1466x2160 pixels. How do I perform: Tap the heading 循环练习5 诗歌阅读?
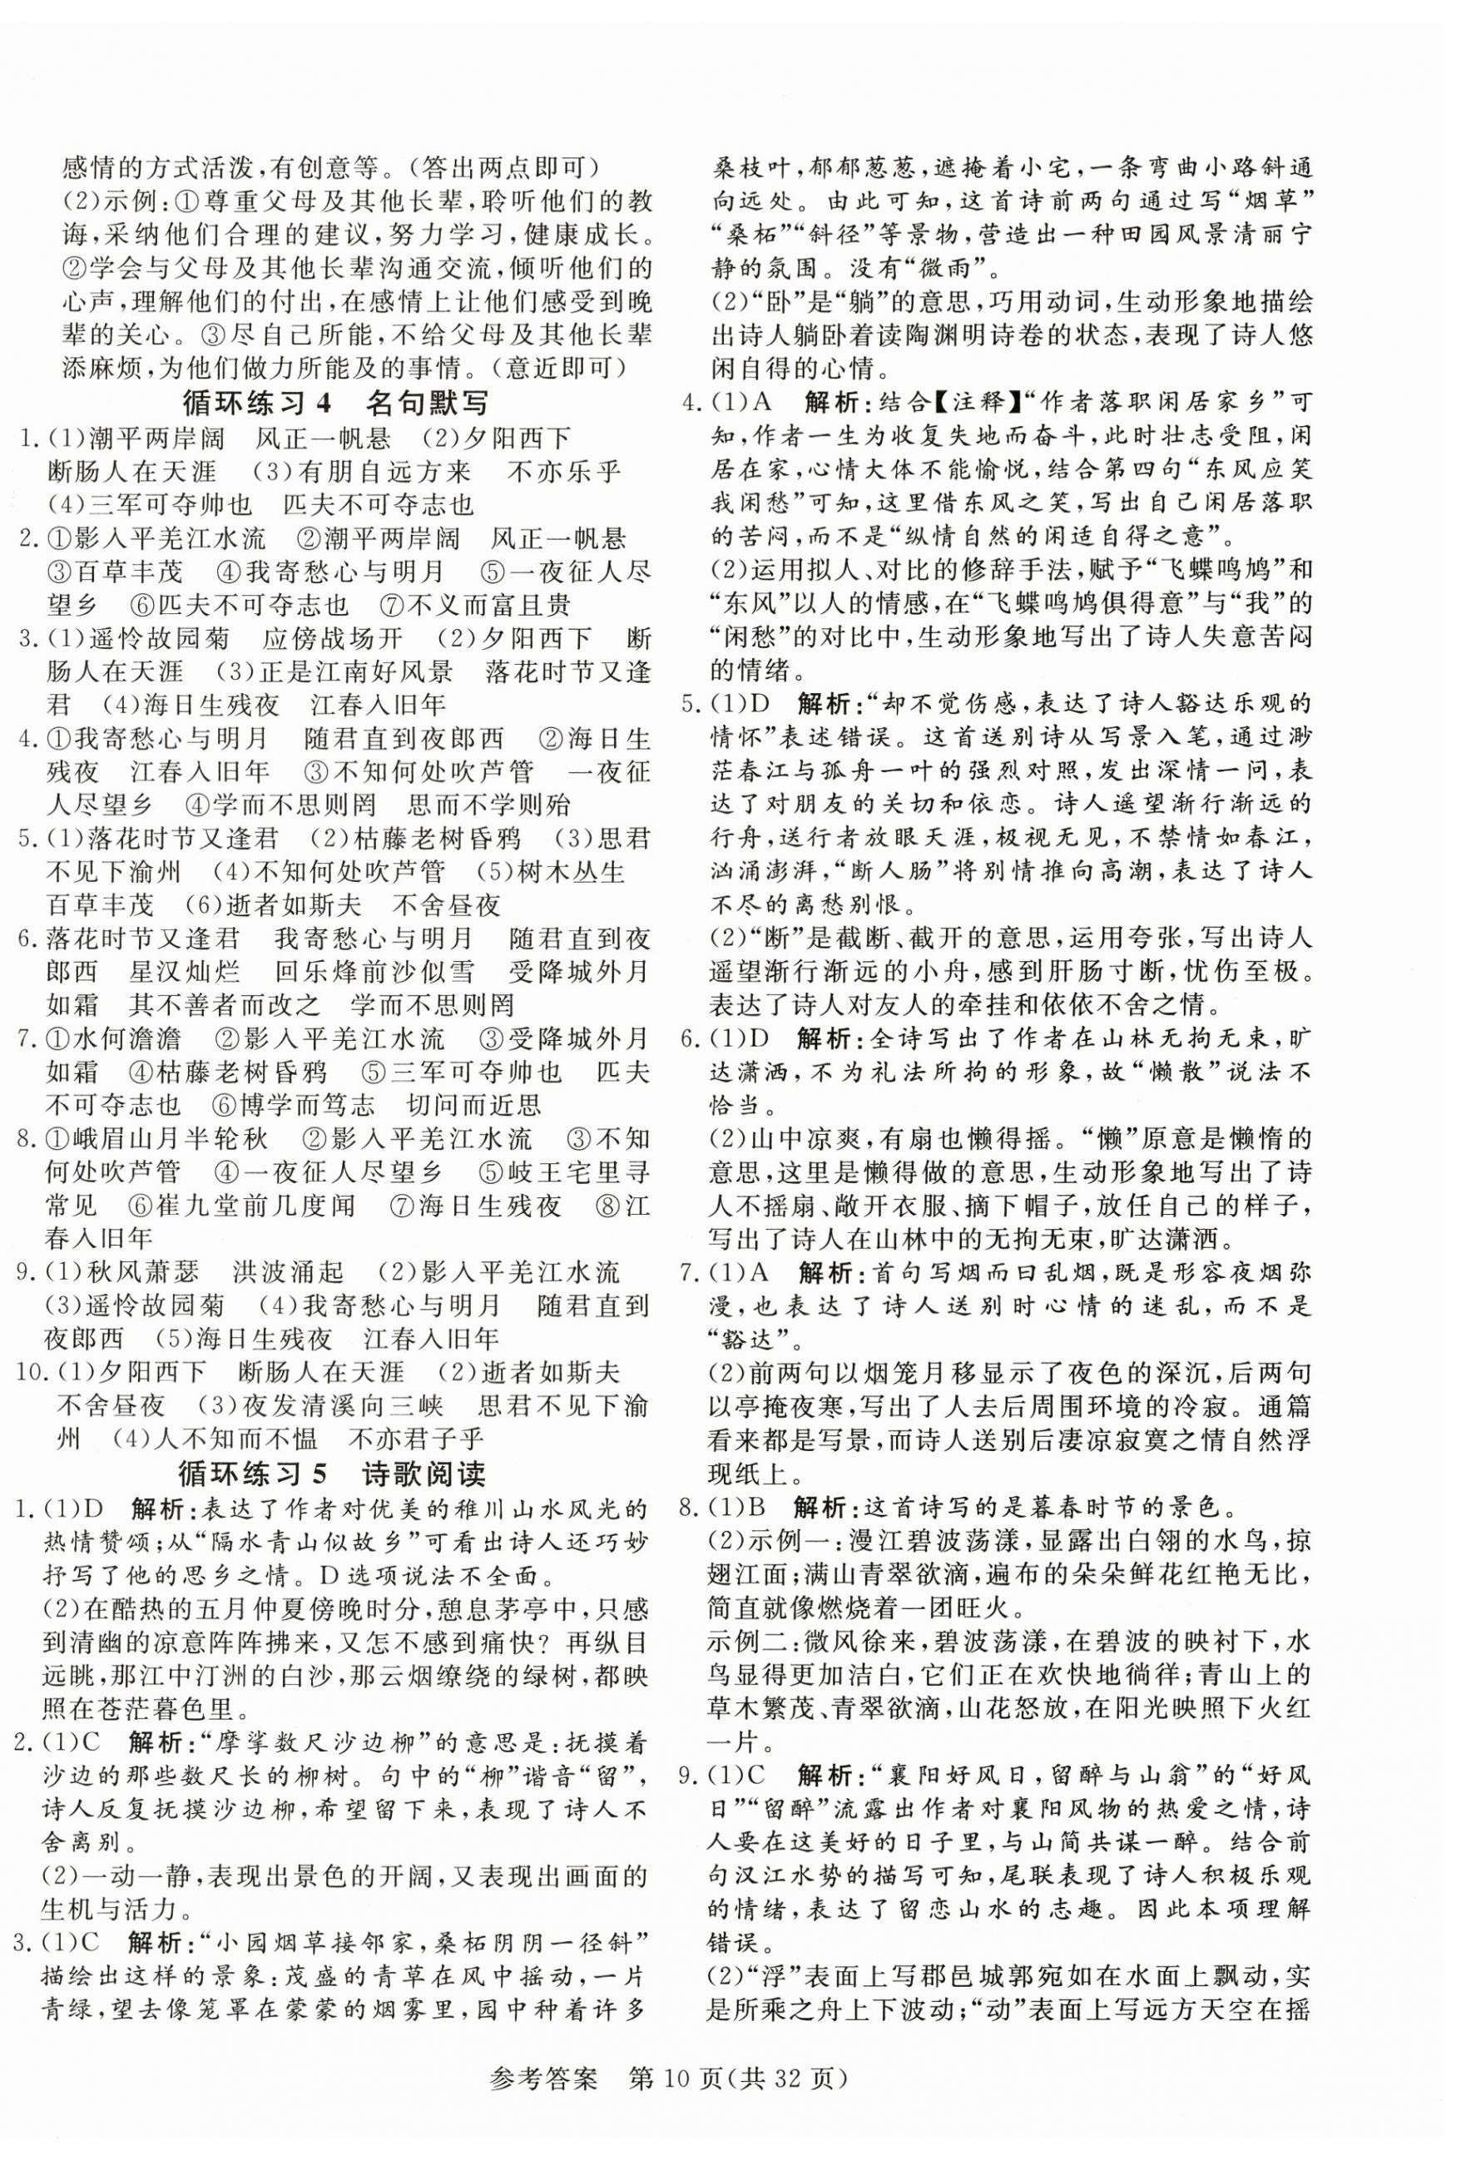pyautogui.click(x=332, y=1474)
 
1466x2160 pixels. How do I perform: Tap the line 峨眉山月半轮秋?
pyautogui.click(x=167, y=1139)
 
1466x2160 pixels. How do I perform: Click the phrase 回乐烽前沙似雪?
pyautogui.click(x=374, y=972)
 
